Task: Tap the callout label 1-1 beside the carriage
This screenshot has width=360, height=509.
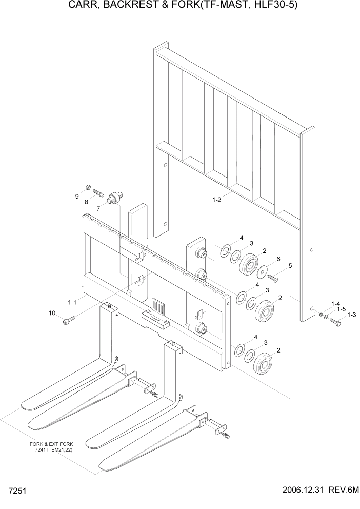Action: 72,302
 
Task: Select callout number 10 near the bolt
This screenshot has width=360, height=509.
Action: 52,313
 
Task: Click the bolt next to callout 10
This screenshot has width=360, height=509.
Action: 69,320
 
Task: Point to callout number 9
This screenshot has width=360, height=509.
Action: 77,196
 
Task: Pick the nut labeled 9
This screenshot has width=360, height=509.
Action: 87,186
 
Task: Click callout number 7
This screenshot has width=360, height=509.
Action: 98,208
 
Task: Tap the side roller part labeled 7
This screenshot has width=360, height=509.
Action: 115,198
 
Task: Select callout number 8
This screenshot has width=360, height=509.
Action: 86,202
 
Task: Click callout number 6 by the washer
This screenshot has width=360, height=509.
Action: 278,258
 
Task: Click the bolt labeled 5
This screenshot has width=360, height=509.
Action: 272,278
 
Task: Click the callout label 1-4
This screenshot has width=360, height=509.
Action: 336,304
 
